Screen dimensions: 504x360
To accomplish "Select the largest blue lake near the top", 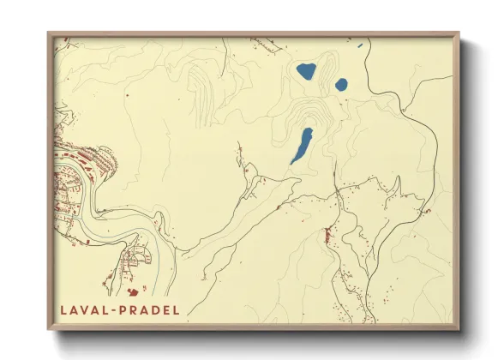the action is point(305,71).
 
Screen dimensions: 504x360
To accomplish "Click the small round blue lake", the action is point(341,85).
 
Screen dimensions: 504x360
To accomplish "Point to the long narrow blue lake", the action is point(301,146).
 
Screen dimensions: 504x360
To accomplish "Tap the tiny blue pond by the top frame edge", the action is point(361,45).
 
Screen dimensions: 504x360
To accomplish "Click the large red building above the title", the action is point(132,291).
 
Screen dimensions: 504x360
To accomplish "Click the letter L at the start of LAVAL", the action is point(63,309).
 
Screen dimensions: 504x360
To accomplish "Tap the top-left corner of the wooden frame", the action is point(49,33).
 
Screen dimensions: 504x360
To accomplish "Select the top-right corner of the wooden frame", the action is point(459,33).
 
